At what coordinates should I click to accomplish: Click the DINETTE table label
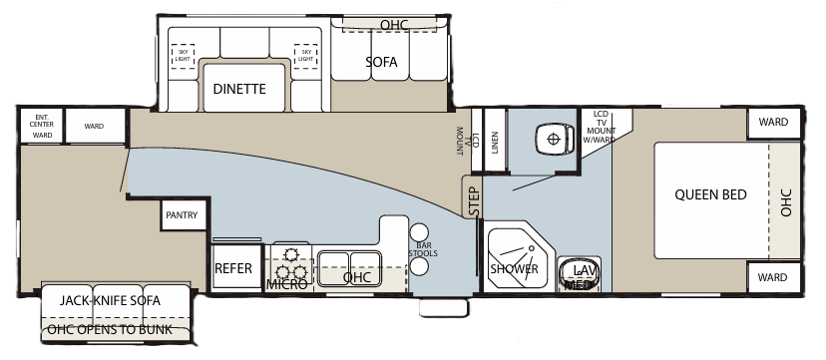[x=239, y=89]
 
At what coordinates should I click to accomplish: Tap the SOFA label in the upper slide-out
[x=381, y=62]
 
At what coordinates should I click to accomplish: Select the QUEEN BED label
[x=710, y=194]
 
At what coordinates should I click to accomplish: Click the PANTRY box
[x=183, y=214]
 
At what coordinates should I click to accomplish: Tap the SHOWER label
[x=514, y=269]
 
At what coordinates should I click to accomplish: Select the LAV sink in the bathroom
[x=581, y=270]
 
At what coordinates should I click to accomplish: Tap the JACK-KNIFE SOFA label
[x=110, y=299]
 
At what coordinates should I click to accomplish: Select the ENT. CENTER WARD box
[x=42, y=125]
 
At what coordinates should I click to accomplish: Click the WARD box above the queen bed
[x=773, y=123]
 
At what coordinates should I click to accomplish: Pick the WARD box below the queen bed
[x=773, y=276]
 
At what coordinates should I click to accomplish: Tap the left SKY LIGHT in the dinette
[x=183, y=56]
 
